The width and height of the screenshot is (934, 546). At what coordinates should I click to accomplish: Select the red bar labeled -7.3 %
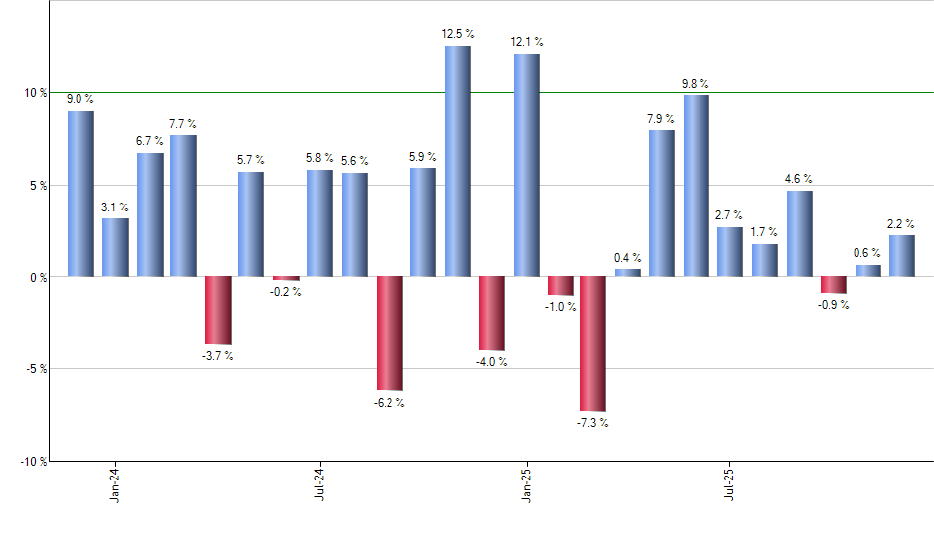coord(593,343)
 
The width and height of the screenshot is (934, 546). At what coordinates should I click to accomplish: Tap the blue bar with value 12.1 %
coord(526,165)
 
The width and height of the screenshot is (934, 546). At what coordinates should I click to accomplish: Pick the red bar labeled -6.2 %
coord(389,333)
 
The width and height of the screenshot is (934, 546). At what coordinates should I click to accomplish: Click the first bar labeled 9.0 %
coord(80,194)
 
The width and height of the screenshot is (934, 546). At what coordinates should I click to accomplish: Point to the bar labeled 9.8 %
coord(696,186)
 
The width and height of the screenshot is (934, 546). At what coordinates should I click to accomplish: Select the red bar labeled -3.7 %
coord(218,310)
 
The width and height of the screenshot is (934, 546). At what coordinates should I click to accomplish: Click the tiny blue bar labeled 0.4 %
coord(627,272)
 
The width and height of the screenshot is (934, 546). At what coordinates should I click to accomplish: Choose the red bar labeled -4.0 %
coord(491,314)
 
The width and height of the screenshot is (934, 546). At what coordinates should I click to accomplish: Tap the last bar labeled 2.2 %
coord(901,256)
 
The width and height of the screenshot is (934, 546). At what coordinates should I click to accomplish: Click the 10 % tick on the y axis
coord(35,93)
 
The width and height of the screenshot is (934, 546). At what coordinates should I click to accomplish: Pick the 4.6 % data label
coord(799,179)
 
